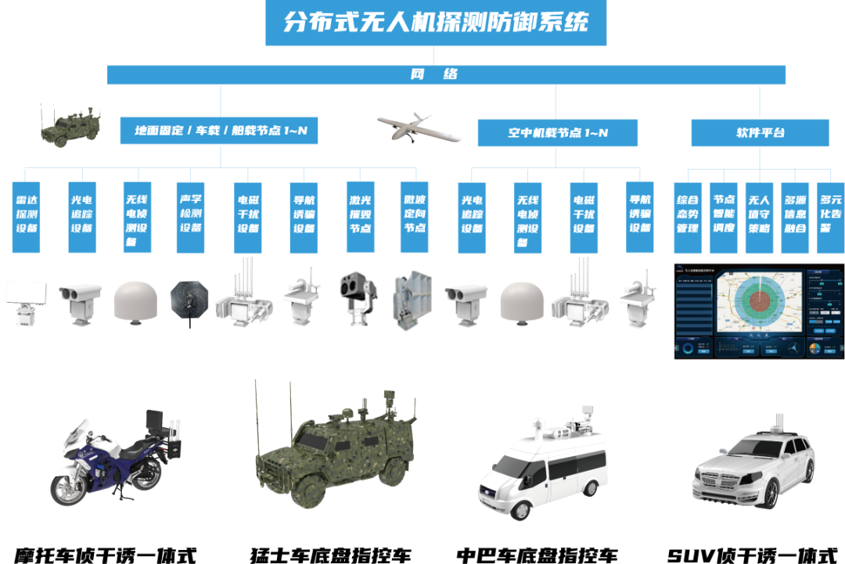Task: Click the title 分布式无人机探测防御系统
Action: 436,23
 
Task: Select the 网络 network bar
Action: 446,75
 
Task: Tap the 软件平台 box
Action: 760,133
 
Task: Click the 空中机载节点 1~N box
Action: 558,133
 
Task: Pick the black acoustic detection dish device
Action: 189,300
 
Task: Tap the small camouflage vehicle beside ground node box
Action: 70,125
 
